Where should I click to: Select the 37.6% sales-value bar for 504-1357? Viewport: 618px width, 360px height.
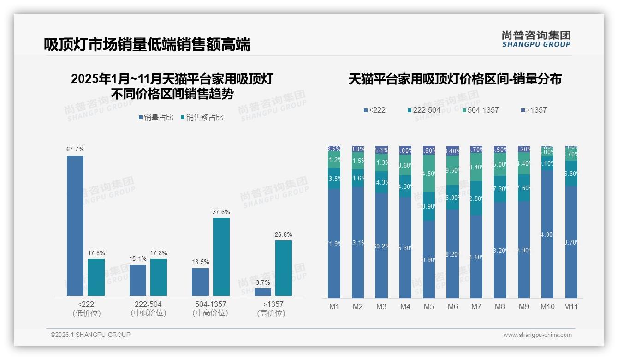pyautogui.click(x=221, y=257)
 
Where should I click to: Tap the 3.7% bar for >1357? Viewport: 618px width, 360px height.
pyautogui.click(x=263, y=292)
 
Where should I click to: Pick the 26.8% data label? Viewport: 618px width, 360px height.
pyautogui.click(x=283, y=234)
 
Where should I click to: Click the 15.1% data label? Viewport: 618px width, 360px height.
pyautogui.click(x=138, y=259)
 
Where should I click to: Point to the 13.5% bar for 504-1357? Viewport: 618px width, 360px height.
pyautogui.click(x=200, y=282)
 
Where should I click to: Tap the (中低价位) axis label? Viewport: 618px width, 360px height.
pyautogui.click(x=148, y=313)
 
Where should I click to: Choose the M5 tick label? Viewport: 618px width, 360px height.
pyautogui.click(x=429, y=306)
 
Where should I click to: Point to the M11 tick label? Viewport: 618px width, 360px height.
pyautogui.click(x=571, y=306)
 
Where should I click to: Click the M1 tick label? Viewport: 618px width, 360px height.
pyautogui.click(x=334, y=306)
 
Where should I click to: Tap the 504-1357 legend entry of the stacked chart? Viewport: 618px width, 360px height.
pyautogui.click(x=481, y=110)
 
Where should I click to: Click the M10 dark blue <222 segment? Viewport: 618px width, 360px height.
pyautogui.click(x=547, y=234)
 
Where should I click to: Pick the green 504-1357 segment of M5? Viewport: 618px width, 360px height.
pyautogui.click(x=429, y=173)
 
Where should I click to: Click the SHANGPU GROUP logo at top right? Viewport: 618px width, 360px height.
pyautogui.click(x=536, y=39)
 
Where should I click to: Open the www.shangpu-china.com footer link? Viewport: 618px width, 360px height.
pyautogui.click(x=537, y=335)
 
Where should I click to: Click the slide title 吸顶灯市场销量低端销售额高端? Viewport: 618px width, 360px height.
pyautogui.click(x=147, y=45)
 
